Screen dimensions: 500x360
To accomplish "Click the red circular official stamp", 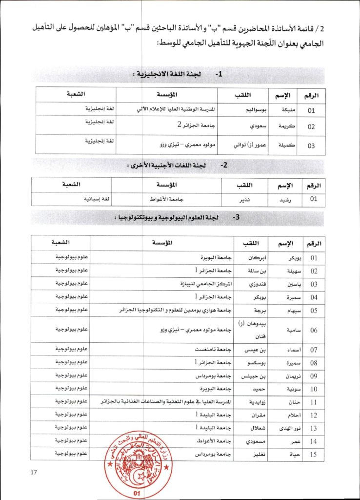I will [x=136, y=464].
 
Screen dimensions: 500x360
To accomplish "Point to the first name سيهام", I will [x=283, y=310].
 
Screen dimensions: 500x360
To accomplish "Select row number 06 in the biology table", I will [x=314, y=330].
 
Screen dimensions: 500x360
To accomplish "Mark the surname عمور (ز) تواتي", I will [x=249, y=145].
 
